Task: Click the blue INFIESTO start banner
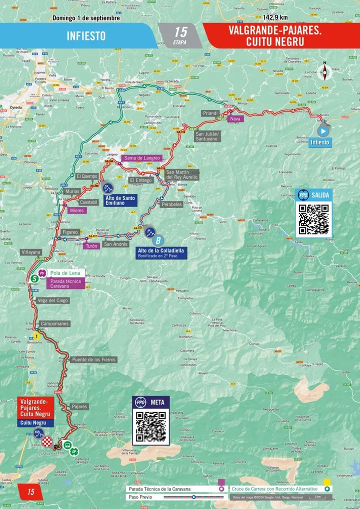pos(85,36)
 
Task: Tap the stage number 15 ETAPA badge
pos(180,35)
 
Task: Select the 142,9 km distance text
pos(275,17)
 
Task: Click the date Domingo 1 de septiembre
pos(86,17)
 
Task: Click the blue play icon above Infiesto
pos(323,131)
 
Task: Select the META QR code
pos(151,426)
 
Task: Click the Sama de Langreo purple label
pos(142,158)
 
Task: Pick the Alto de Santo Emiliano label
pos(120,200)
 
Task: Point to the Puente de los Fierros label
pos(94,359)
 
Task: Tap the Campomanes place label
pos(54,323)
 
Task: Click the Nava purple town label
pos(234,119)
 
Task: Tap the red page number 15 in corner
pos(30,492)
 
